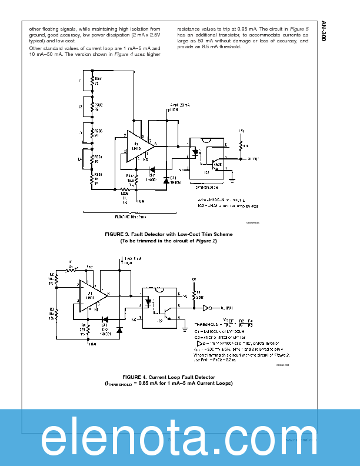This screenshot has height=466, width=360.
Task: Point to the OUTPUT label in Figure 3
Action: point(254,158)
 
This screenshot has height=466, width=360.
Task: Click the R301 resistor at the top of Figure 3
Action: point(92,79)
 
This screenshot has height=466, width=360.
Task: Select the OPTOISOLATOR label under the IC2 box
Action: point(206,188)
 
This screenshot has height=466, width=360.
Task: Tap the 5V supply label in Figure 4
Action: point(194,279)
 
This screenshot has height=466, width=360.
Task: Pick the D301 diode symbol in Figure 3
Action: point(166,179)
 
